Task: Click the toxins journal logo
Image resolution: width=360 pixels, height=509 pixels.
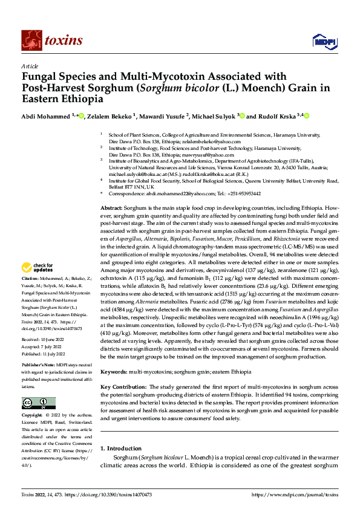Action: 52,41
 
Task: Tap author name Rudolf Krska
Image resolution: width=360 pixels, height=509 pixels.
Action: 278,116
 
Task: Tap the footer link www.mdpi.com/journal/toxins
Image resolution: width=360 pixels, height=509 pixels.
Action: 297,494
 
